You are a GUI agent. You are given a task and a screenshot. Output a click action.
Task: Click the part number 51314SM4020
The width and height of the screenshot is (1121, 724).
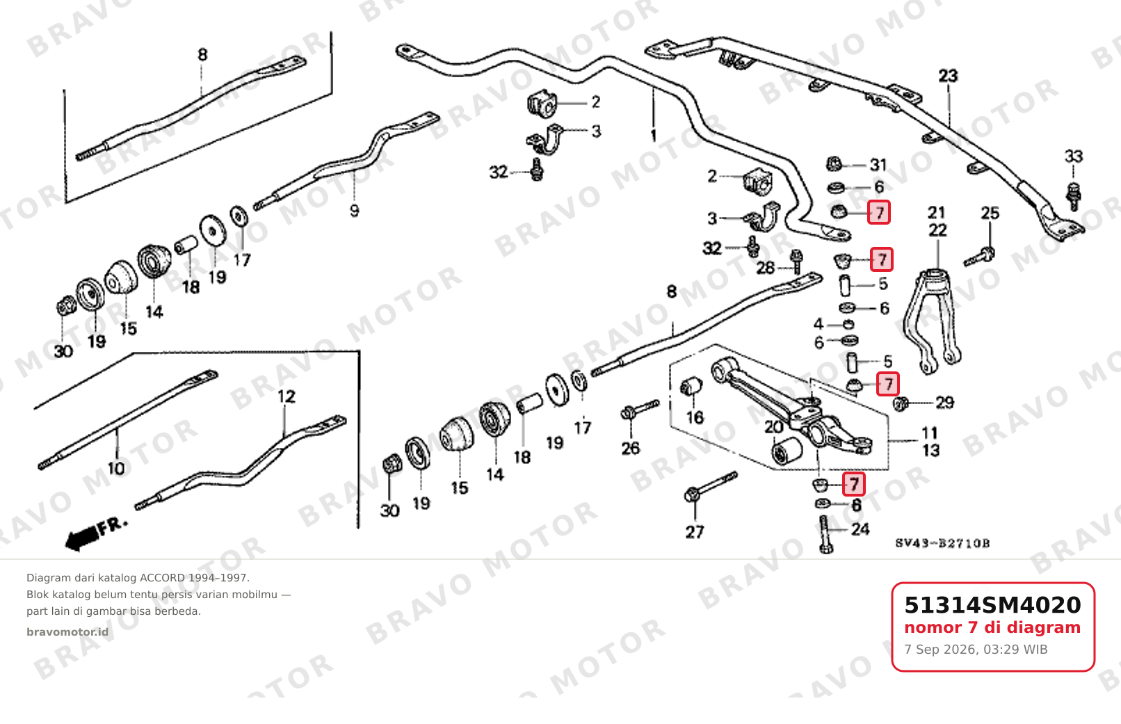point(992,605)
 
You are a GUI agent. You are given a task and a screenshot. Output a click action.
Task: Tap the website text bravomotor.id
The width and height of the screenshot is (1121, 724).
point(67,632)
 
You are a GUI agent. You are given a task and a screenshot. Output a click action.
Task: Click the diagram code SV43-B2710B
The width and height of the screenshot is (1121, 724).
point(942,543)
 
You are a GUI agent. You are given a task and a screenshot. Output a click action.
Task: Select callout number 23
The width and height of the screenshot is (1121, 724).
point(948,76)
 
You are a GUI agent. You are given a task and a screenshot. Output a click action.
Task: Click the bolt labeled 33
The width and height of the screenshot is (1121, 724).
point(1074,197)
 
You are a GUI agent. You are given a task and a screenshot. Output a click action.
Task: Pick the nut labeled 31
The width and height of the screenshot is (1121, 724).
point(834,163)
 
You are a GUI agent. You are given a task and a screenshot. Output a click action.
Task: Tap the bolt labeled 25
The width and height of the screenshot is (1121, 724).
point(979,257)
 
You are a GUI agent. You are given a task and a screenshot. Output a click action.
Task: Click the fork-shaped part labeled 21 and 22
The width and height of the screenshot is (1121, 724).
point(932,320)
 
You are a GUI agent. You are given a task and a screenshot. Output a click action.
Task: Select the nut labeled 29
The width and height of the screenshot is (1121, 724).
point(901,403)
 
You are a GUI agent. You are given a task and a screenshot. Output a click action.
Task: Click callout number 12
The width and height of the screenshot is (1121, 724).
point(287,396)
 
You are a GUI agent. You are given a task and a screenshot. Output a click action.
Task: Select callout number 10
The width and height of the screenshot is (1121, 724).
point(116,469)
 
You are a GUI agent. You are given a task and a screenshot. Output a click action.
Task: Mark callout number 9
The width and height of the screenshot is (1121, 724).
point(355,211)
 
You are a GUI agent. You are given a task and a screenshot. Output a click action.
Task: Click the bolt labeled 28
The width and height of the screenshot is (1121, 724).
point(796,261)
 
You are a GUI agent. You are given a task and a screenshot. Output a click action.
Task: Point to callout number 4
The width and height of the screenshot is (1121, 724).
point(818,324)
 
